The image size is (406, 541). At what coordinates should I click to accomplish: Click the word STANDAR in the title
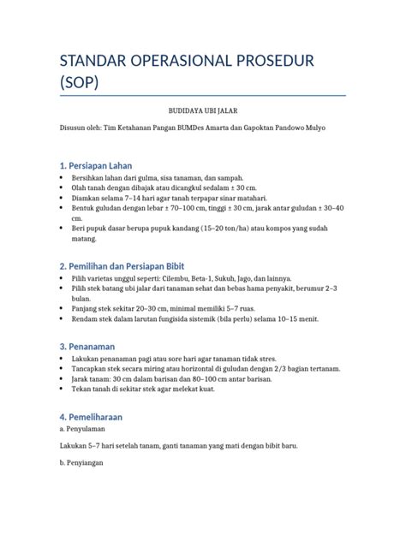click(x=93, y=62)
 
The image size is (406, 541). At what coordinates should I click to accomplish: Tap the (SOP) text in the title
click(x=80, y=83)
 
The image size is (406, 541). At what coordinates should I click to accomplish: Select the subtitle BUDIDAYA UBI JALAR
click(x=202, y=111)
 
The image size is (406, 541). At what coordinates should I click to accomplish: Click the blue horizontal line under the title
click(x=202, y=95)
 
